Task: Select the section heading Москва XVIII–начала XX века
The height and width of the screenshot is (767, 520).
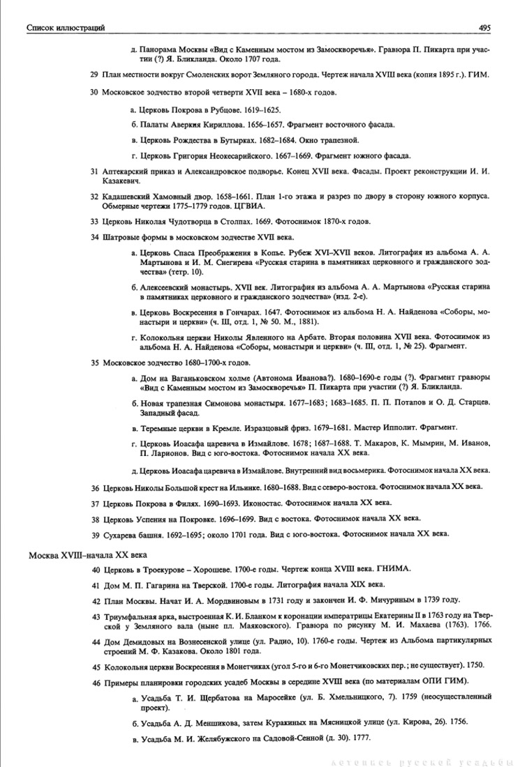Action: (87, 555)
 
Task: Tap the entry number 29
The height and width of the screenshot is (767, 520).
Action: (95, 73)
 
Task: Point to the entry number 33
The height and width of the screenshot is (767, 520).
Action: (95, 221)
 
